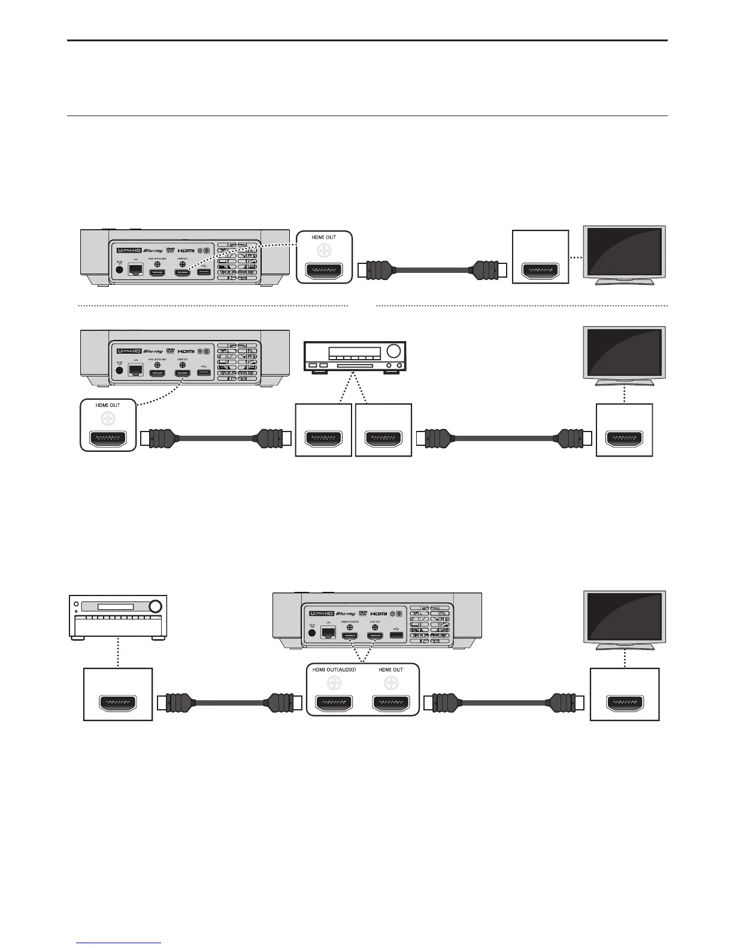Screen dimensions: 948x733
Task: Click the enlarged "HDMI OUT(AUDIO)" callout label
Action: (x=334, y=670)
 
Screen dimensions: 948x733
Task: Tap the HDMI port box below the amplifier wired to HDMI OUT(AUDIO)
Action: (x=118, y=694)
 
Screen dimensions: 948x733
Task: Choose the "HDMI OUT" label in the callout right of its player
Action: (x=323, y=238)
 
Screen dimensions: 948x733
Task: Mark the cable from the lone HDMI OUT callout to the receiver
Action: (x=216, y=439)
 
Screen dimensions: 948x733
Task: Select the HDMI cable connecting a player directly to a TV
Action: (x=432, y=271)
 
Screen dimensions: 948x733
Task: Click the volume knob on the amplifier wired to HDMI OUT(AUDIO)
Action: (x=155, y=606)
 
